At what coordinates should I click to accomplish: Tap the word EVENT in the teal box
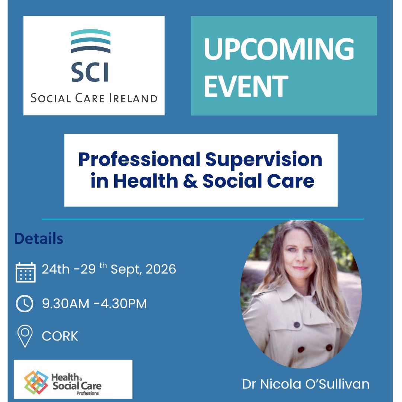click(x=246, y=86)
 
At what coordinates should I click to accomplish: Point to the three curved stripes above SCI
click(x=90, y=41)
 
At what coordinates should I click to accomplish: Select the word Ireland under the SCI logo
click(x=133, y=99)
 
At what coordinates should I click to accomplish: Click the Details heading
click(x=39, y=239)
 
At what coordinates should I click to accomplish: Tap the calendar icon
click(x=26, y=272)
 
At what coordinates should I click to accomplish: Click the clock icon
click(x=25, y=304)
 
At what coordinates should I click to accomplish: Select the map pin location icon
click(x=25, y=336)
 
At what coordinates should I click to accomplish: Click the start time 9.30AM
click(x=66, y=304)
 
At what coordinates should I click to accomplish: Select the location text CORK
click(x=60, y=336)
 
